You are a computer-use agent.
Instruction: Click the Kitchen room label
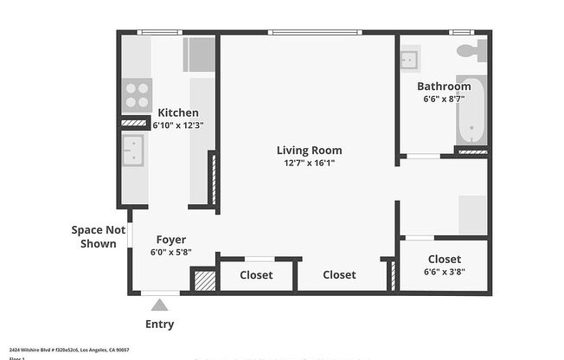[x=177, y=112]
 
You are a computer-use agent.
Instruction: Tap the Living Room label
[x=309, y=150]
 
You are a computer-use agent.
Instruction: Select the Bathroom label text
[x=444, y=86]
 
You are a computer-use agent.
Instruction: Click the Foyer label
[x=170, y=240]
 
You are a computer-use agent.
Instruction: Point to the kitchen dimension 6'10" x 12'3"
[x=177, y=125]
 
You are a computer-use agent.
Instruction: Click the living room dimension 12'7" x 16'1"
[x=309, y=163]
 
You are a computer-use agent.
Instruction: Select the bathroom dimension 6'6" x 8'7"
[x=444, y=99]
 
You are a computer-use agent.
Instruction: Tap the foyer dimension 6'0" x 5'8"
[x=170, y=253]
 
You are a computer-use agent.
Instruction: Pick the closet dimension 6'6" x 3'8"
[x=444, y=272]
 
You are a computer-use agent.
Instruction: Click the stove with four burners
[x=136, y=94]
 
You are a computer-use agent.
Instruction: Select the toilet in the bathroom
[x=471, y=51]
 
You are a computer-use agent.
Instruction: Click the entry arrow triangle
[x=159, y=305]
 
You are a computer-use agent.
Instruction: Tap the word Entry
[x=159, y=325]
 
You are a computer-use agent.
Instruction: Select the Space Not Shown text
[x=93, y=236]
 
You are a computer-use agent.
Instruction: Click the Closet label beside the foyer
[x=255, y=275]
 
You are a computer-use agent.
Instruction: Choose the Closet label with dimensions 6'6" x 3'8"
[x=444, y=259]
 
